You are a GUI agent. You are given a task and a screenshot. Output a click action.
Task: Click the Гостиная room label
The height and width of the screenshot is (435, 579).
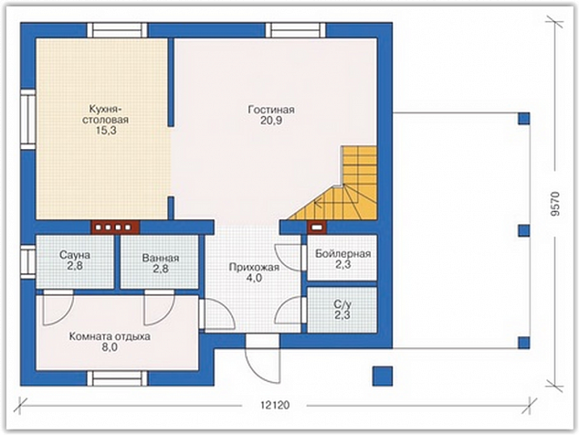tap(271, 110)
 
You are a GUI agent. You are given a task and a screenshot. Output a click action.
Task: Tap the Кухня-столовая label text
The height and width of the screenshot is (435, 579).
tap(105, 114)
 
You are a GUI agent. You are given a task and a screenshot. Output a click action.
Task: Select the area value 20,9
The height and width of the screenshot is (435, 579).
tap(271, 121)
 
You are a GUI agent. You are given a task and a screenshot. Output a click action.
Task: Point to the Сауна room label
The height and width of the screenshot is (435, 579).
tap(75, 255)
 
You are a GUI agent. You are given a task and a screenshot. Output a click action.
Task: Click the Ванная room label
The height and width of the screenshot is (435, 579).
tap(161, 258)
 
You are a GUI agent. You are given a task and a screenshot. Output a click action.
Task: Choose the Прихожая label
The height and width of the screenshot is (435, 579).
tap(254, 267)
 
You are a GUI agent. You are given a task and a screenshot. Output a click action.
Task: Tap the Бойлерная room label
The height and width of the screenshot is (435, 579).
tap(342, 254)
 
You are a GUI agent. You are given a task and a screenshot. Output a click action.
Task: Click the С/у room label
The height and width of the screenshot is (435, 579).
tap(342, 304)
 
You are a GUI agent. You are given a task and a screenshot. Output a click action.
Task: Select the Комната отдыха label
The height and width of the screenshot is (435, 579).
tap(110, 336)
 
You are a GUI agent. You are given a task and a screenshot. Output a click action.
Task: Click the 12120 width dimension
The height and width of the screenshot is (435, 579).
tap(275, 405)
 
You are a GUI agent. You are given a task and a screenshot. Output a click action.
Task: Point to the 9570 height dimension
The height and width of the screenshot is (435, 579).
tap(555, 204)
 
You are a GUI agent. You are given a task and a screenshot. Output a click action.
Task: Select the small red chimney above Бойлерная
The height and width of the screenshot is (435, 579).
tap(317, 228)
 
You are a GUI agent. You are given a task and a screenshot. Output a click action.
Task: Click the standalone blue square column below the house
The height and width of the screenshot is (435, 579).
tap(382, 376)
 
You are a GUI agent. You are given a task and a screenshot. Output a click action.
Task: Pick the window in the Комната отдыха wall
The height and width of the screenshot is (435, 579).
tap(117, 378)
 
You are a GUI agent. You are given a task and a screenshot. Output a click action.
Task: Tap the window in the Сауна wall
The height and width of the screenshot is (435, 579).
tap(27, 261)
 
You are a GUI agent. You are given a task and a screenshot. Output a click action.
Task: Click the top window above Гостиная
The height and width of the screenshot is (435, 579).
tap(296, 30)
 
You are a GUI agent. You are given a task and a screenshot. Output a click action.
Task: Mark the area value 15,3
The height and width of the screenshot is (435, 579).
tap(106, 131)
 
